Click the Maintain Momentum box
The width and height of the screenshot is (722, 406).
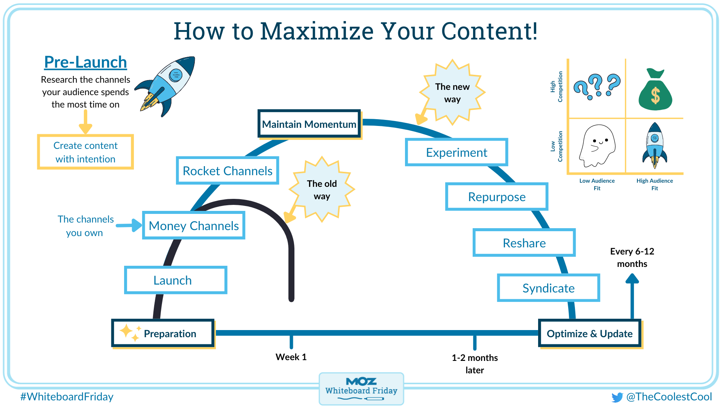[309, 124]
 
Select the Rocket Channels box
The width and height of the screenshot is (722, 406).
[228, 171]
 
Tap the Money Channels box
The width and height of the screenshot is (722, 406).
[194, 226]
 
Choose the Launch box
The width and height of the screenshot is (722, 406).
[176, 280]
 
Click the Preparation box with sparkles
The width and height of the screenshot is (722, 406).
[163, 333]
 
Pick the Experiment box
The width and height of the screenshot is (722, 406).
[457, 152]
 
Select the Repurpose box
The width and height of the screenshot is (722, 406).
[497, 197]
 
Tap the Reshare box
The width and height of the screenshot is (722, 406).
[524, 243]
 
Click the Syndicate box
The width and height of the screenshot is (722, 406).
[548, 288]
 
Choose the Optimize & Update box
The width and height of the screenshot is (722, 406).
[590, 333]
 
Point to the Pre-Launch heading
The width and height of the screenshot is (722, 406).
[85, 62]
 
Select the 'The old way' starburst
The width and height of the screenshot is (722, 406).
[322, 190]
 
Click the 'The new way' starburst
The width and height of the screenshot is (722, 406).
[452, 92]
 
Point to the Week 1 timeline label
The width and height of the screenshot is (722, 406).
[291, 357]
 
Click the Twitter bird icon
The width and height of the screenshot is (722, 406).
[617, 397]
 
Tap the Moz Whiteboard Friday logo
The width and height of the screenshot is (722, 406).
[361, 388]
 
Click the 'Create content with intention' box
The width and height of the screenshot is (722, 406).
[85, 152]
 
